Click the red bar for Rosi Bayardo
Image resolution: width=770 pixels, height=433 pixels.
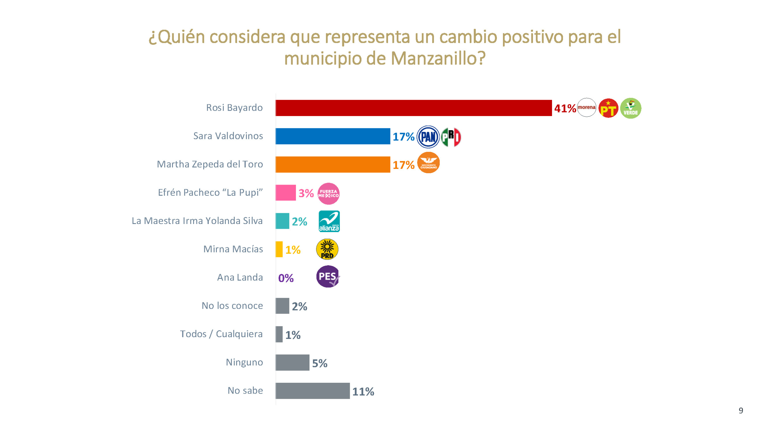pyautogui.click(x=413, y=108)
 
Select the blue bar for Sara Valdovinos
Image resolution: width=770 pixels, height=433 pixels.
pyautogui.click(x=333, y=136)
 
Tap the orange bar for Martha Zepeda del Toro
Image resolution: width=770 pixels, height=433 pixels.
pyautogui.click(x=333, y=164)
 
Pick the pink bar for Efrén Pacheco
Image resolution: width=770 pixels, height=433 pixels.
pyautogui.click(x=285, y=193)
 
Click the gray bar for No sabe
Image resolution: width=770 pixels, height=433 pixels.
pyautogui.click(x=313, y=391)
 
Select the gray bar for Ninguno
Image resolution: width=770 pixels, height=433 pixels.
pyautogui.click(x=292, y=362)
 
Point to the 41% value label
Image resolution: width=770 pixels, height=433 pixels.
pyautogui.click(x=565, y=109)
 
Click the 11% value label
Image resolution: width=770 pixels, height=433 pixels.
pyautogui.click(x=363, y=392)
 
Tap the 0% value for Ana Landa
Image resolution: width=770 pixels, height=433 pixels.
pyautogui.click(x=286, y=278)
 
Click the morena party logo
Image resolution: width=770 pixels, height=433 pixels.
pyautogui.click(x=586, y=107)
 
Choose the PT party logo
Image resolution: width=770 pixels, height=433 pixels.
pyautogui.click(x=608, y=108)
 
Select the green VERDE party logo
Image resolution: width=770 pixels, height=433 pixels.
pyautogui.click(x=630, y=108)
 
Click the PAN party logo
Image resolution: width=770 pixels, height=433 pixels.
pyautogui.click(x=428, y=137)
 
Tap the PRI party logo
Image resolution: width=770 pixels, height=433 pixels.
pyautogui.click(x=451, y=137)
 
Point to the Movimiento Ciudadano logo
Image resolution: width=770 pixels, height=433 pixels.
pyautogui.click(x=428, y=163)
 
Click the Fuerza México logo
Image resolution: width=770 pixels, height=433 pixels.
pyautogui.click(x=328, y=193)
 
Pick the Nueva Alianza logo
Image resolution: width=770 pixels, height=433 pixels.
pyautogui.click(x=329, y=221)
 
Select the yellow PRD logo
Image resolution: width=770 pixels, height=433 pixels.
pyautogui.click(x=327, y=249)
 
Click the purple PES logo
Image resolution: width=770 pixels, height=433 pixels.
pyautogui.click(x=328, y=276)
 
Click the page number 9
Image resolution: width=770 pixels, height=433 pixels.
pyautogui.click(x=741, y=410)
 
